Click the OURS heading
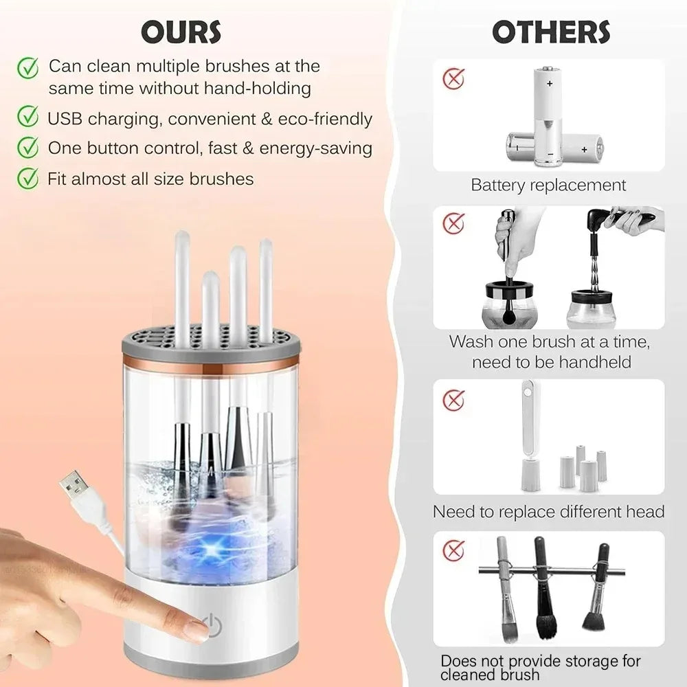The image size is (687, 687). tap(181, 32)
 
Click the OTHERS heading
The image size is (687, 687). tap(551, 32)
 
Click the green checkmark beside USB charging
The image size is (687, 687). tap(27, 117)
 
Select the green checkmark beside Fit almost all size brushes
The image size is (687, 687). tap(27, 179)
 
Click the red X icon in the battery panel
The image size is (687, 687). tap(453, 78)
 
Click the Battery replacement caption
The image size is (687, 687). tap(548, 185)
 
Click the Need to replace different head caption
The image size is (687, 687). tap(548, 512)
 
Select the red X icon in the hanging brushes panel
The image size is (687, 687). tap(453, 550)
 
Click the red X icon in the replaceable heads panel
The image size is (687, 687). tap(453, 399)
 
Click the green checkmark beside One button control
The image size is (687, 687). tap(27, 147)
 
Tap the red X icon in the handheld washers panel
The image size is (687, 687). tap(453, 223)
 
